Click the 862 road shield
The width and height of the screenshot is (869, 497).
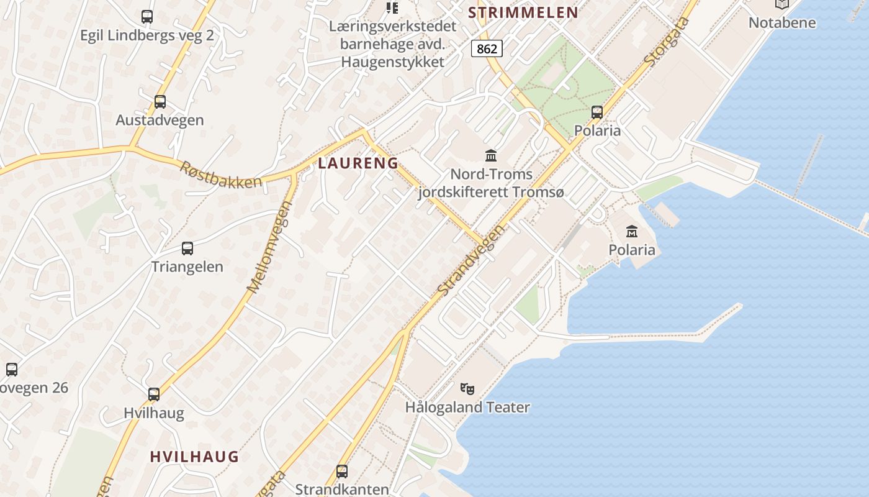pyautogui.click(x=487, y=48)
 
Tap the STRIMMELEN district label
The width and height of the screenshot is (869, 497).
pyautogui.click(x=523, y=12)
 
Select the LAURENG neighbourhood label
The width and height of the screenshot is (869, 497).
pyautogui.click(x=358, y=163)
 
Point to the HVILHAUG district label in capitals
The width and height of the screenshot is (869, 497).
pyautogui.click(x=194, y=457)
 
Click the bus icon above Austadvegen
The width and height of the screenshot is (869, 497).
pyautogui.click(x=160, y=101)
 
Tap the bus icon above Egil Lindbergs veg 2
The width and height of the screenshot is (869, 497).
pyautogui.click(x=147, y=17)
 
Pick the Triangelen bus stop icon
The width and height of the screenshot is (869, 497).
pyautogui.click(x=187, y=248)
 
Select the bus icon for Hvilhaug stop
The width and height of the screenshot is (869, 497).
pyautogui.click(x=154, y=394)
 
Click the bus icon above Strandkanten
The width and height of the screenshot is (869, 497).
pyautogui.click(x=342, y=471)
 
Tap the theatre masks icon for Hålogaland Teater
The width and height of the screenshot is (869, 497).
pyautogui.click(x=467, y=389)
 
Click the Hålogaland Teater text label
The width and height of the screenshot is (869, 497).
pyautogui.click(x=467, y=408)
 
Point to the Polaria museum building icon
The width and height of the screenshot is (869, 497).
pyautogui.click(x=632, y=231)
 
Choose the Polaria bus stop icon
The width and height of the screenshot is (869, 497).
pyautogui.click(x=597, y=112)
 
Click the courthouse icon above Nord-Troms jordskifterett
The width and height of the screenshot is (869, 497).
pyautogui.click(x=491, y=155)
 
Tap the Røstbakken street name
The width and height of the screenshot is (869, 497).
pyautogui.click(x=221, y=175)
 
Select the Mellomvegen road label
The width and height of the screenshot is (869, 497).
pyautogui.click(x=270, y=247)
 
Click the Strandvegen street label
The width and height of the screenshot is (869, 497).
pyautogui.click(x=470, y=260)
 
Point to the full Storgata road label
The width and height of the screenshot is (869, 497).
pyautogui.click(x=667, y=42)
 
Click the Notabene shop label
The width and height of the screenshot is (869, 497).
pyautogui.click(x=782, y=23)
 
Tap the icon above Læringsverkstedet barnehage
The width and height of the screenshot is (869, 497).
pyautogui.click(x=392, y=7)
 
